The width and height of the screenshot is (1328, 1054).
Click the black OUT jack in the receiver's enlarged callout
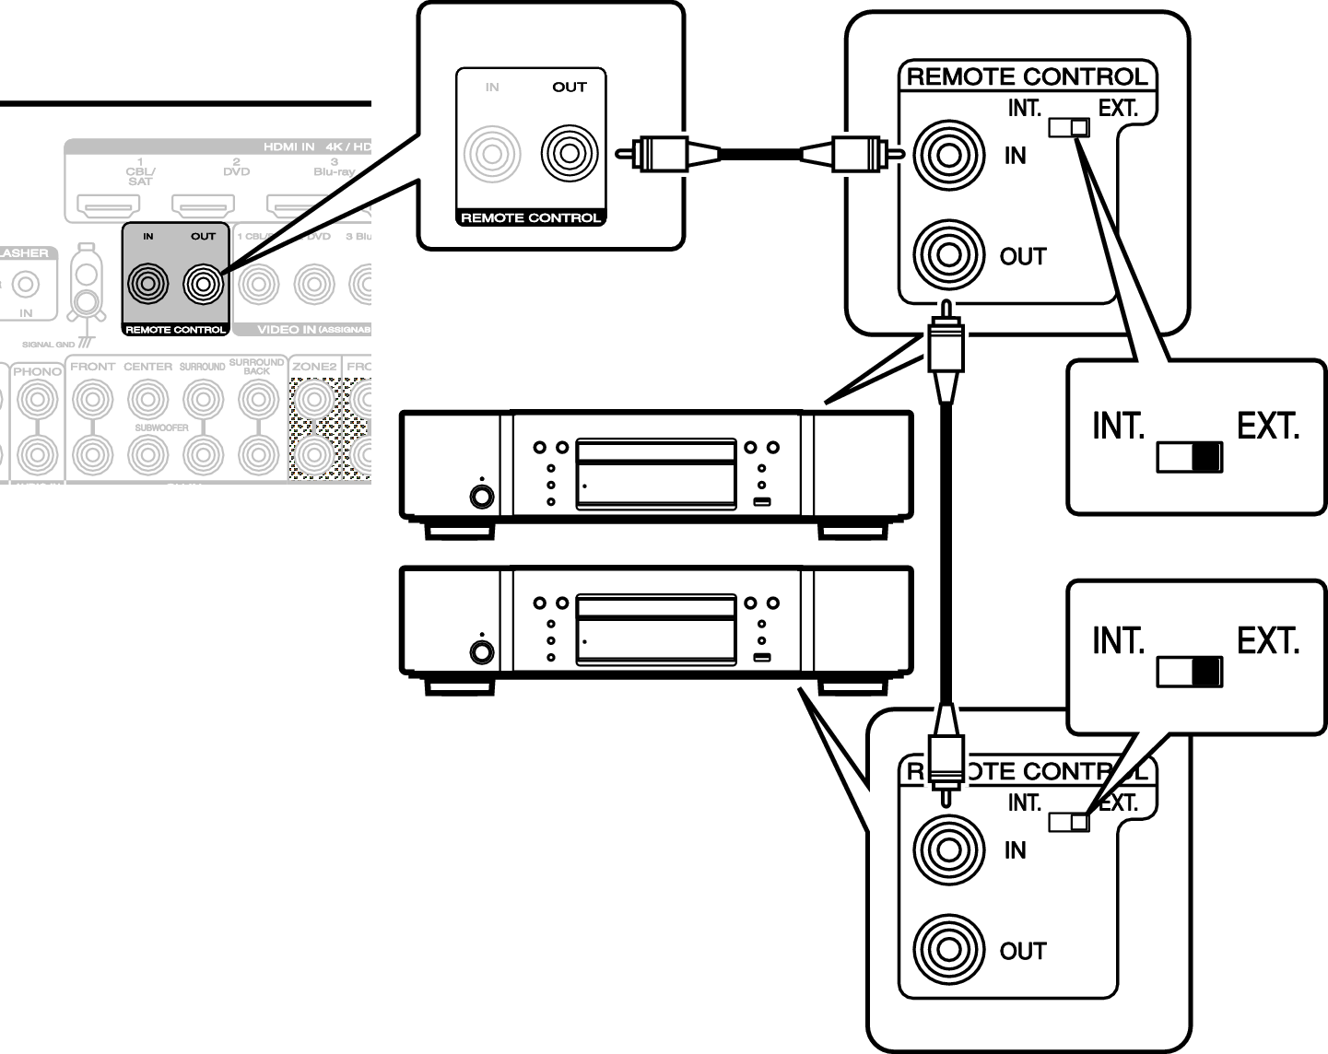point(570,153)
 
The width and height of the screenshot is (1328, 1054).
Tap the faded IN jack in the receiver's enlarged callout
point(492,153)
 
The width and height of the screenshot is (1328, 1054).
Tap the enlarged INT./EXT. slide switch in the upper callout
point(1190,457)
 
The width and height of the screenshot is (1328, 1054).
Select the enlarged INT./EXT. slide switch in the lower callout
point(1190,672)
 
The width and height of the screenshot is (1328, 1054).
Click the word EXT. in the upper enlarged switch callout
point(1268,427)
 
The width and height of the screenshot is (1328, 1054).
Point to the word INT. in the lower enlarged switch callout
point(1118,640)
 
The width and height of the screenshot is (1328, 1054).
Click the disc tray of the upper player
point(655,451)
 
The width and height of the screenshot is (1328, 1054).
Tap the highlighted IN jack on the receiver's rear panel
point(148,283)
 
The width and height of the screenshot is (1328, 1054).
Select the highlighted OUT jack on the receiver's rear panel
point(203,283)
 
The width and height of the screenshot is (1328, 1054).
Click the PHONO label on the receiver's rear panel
point(37,370)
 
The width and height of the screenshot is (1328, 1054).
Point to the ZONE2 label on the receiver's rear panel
point(313,367)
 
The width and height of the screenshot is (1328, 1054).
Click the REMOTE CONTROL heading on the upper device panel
point(1027,77)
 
